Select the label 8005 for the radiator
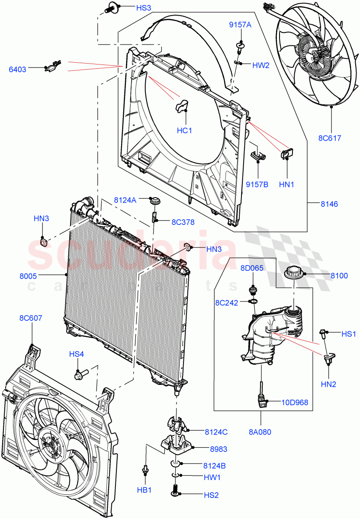28,275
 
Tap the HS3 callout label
132,8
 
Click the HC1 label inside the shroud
184,130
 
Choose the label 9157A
240,25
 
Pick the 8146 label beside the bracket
329,204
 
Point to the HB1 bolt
146,470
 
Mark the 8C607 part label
31,318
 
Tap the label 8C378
183,222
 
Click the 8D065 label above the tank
252,268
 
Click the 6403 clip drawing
53,67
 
